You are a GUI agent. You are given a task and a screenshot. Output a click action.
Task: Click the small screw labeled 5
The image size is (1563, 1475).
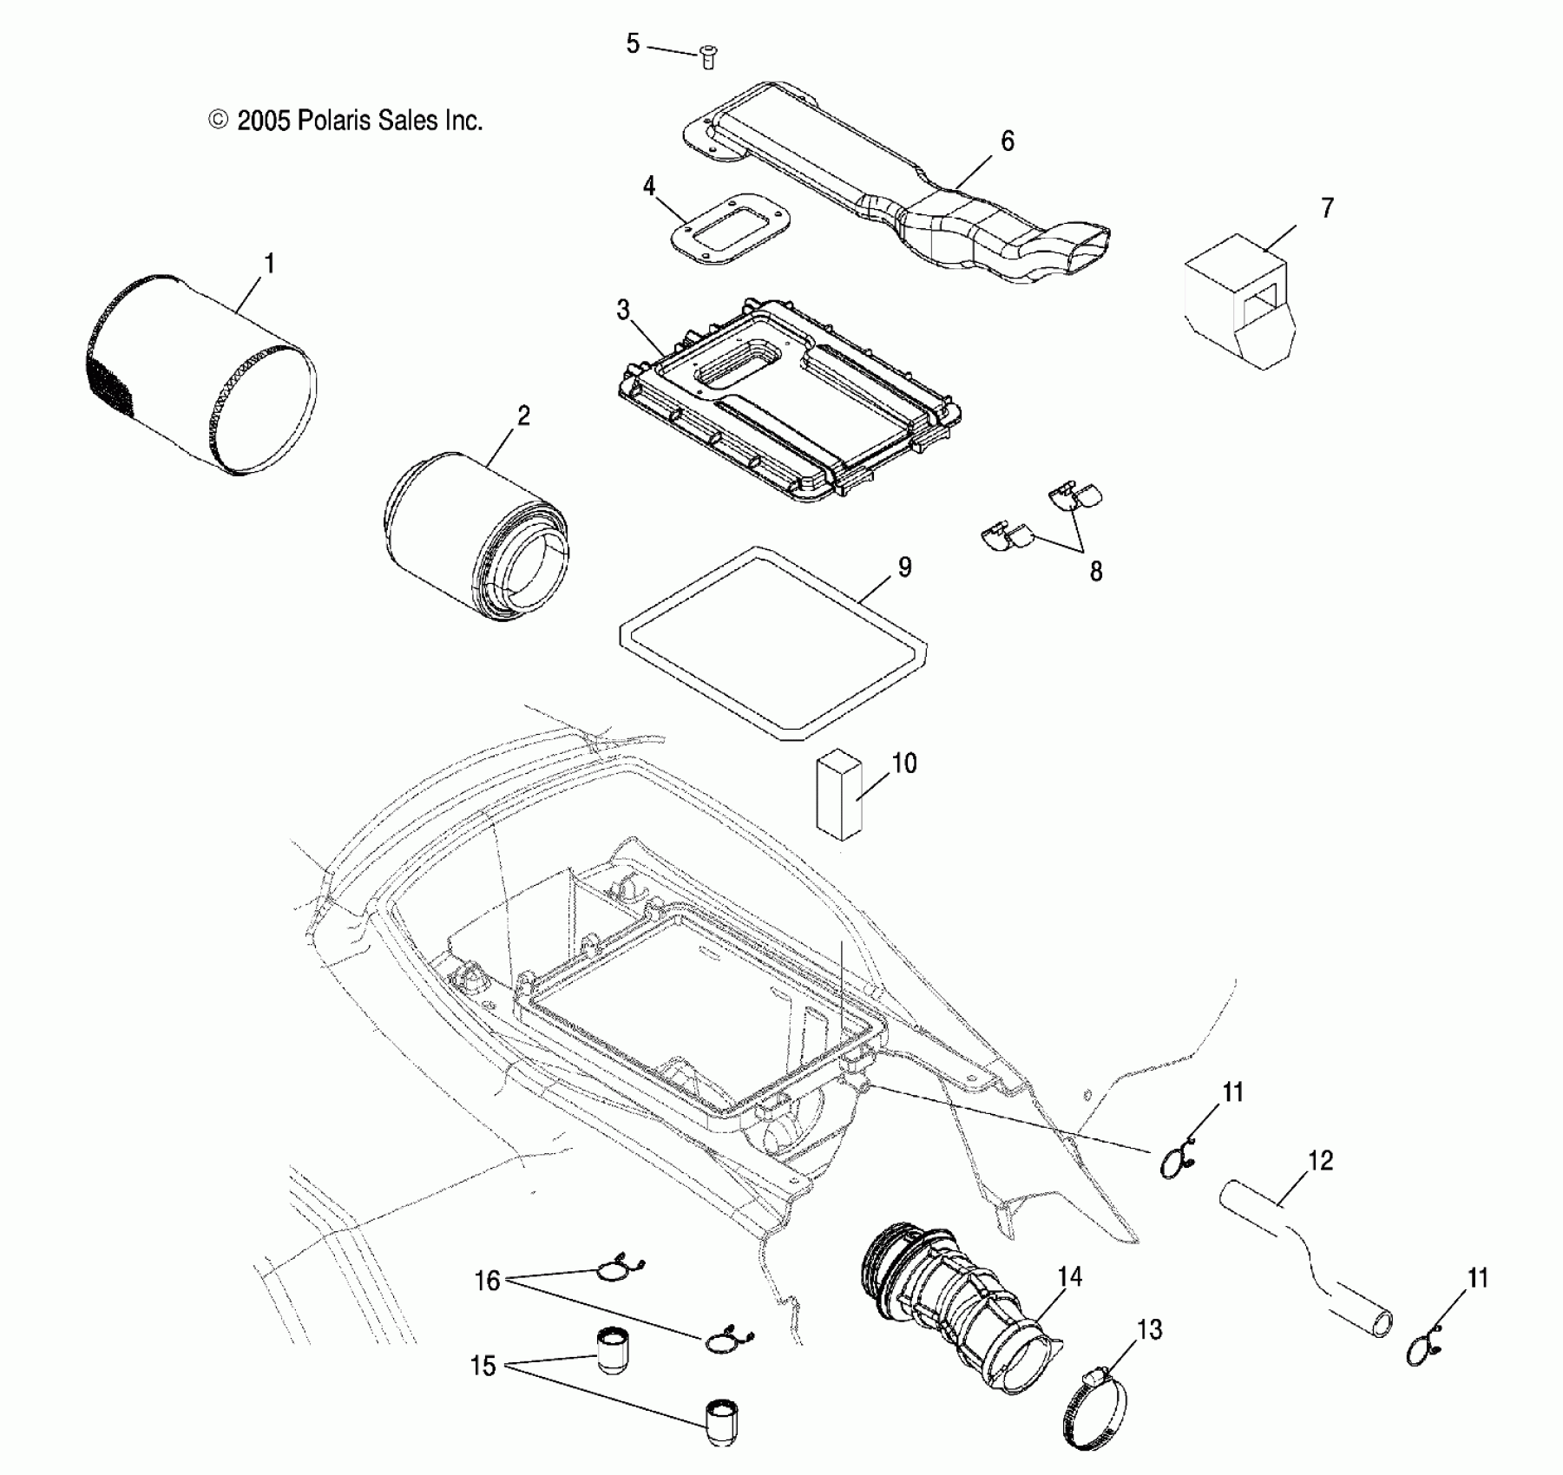[708, 58]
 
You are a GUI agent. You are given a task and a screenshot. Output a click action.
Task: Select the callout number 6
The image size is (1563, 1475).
[1007, 141]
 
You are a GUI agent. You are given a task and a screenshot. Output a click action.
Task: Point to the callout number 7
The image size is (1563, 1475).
[1327, 208]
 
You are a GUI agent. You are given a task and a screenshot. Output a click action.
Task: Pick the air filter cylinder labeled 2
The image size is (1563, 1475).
[476, 535]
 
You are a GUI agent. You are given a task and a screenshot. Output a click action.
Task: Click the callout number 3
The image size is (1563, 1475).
[623, 311]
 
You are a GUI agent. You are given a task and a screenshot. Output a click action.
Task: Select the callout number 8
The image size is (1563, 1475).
[1095, 571]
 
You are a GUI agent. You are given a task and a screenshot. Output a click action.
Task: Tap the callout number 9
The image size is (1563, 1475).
[904, 567]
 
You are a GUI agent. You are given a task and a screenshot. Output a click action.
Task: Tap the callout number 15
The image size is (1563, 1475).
[483, 1367]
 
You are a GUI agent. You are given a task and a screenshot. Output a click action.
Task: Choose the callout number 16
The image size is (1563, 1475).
[488, 1281]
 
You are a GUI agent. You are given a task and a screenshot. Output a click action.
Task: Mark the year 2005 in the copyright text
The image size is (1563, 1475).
[262, 121]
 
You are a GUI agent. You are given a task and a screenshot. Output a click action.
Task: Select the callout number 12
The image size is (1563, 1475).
[1320, 1160]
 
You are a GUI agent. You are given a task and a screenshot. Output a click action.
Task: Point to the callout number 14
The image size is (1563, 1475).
[1070, 1276]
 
